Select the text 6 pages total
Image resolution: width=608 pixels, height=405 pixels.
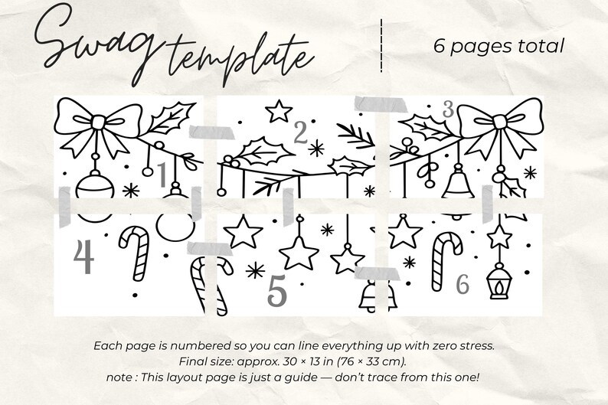(x=498, y=46)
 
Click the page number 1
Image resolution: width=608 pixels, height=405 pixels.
(x=162, y=175)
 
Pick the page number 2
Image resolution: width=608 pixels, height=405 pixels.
(x=300, y=134)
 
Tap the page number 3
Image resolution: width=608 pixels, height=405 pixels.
(x=449, y=109)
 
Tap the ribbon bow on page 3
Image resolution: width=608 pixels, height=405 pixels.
(x=499, y=125)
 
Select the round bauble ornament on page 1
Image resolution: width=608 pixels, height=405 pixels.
(x=96, y=185)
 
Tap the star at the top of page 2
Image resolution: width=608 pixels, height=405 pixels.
(x=278, y=111)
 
